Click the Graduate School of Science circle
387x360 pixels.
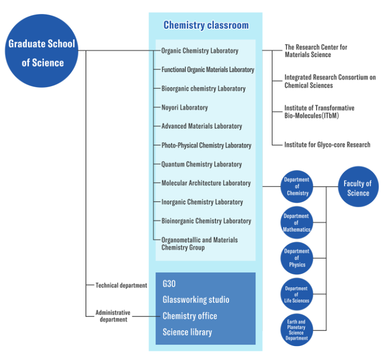[x=42, y=53]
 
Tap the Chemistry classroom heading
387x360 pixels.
[x=206, y=25]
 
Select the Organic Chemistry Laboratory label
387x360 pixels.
[x=199, y=51]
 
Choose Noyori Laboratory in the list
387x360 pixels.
[x=184, y=108]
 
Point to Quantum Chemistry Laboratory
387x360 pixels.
[x=202, y=164]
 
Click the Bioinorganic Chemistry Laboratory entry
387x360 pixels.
[x=206, y=221]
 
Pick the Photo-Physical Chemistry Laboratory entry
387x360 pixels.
[x=206, y=145]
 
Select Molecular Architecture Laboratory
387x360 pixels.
[x=206, y=183]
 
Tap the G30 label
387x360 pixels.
[x=169, y=284]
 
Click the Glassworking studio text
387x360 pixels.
[x=196, y=300]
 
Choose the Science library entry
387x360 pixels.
[x=187, y=332]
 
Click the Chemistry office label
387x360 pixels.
[x=190, y=316]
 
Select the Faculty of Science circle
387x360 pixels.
[x=358, y=188]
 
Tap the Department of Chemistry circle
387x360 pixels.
[x=297, y=186]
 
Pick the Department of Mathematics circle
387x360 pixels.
[x=297, y=222]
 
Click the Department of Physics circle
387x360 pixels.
[x=297, y=258]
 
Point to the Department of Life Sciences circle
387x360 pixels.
[x=297, y=294]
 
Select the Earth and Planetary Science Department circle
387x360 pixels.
[x=297, y=329]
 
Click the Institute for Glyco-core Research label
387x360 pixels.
[x=327, y=145]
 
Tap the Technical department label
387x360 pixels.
[x=121, y=286]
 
